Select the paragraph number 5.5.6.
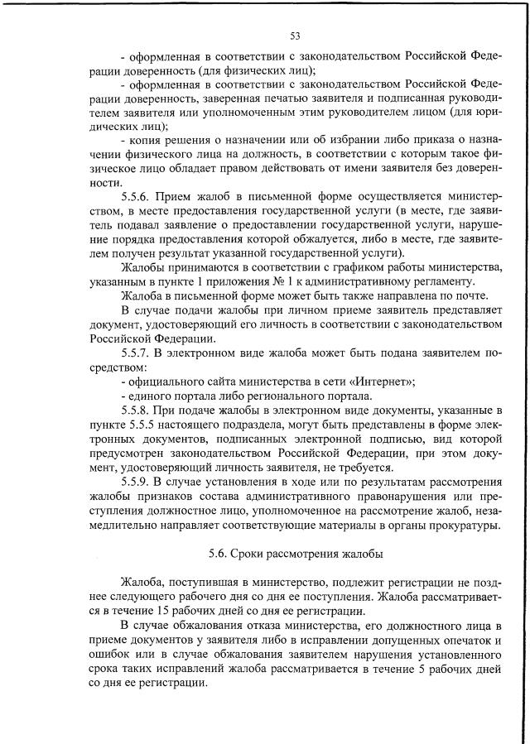pyautogui.click(x=135, y=199)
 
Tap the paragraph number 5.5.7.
pyautogui.click(x=135, y=353)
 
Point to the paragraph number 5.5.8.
pyautogui.click(x=135, y=410)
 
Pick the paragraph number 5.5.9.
pyautogui.click(x=135, y=482)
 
